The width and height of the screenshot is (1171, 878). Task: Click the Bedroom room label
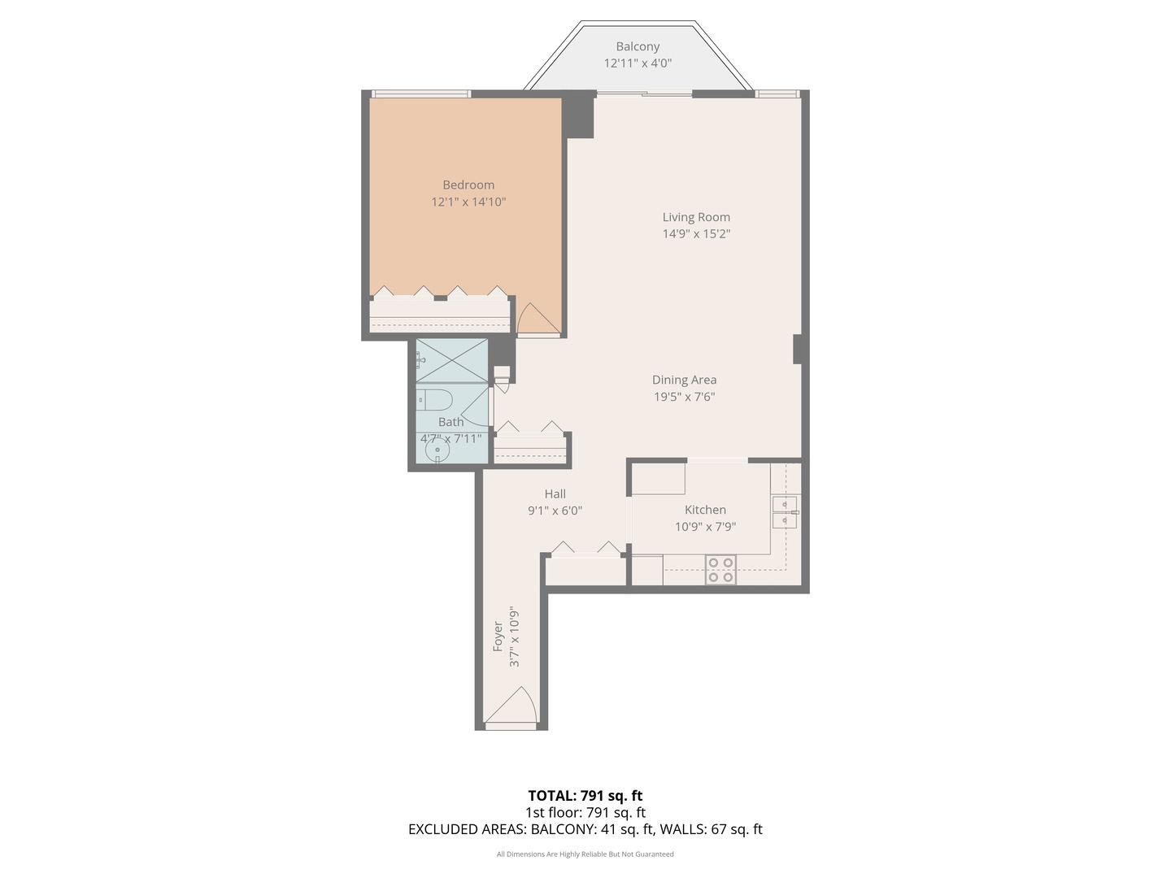(x=468, y=185)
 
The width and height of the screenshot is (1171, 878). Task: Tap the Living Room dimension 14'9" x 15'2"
(x=696, y=234)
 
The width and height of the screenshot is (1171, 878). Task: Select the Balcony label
(x=638, y=46)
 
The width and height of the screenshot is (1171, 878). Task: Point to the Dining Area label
(x=684, y=380)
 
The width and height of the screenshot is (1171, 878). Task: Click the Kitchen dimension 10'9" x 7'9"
(x=705, y=527)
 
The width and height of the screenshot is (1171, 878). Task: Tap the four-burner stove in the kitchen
(x=720, y=569)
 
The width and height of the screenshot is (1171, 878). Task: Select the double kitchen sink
(x=785, y=512)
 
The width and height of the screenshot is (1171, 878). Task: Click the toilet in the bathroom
(x=436, y=399)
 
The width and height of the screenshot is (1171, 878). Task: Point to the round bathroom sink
(x=437, y=449)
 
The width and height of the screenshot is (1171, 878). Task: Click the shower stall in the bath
(x=451, y=360)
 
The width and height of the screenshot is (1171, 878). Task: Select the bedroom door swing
(x=537, y=319)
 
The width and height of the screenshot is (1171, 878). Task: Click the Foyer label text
(x=498, y=637)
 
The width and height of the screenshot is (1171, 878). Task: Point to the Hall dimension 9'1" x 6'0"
(x=555, y=511)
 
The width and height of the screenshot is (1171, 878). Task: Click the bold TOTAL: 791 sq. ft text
(x=585, y=796)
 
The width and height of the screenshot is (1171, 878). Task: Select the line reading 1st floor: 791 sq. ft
(x=585, y=812)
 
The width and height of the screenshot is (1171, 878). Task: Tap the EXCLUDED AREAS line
(x=585, y=829)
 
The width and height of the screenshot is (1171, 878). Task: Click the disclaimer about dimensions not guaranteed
(x=585, y=854)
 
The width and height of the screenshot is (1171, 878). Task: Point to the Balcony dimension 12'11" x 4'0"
(x=638, y=63)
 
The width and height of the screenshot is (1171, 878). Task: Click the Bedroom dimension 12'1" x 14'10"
(x=468, y=202)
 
